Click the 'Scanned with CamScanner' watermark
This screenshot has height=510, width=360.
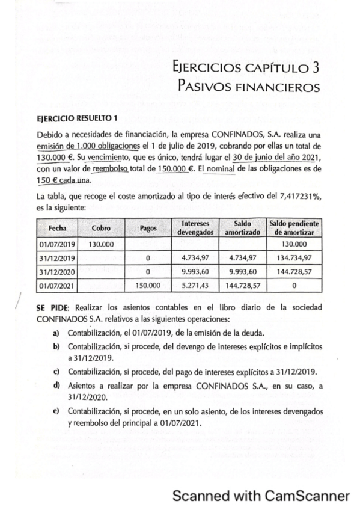(x=261, y=496)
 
